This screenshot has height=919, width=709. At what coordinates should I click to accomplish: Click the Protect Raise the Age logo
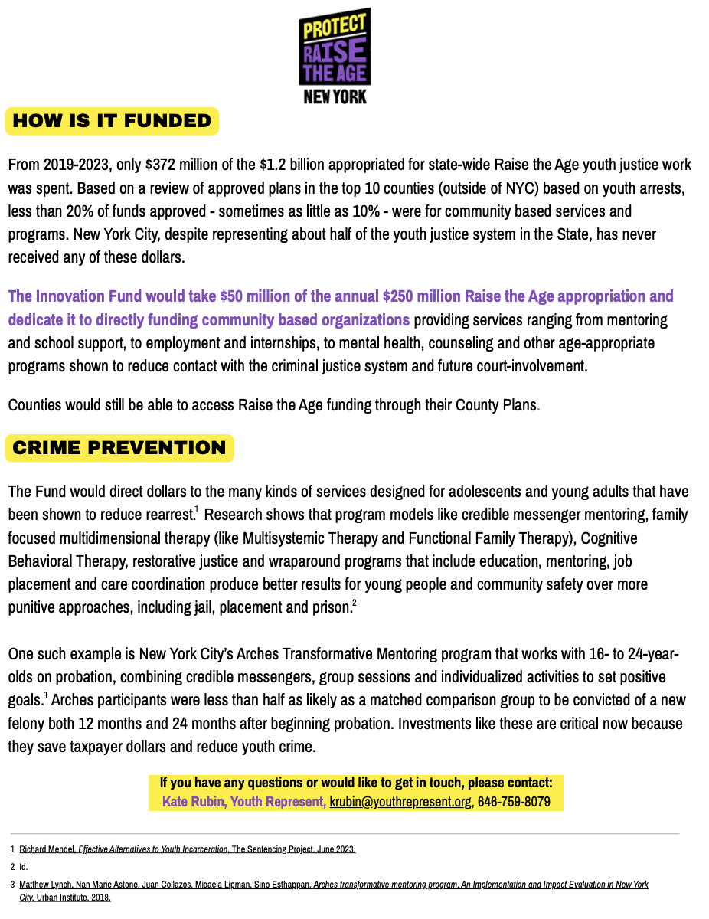click(335, 47)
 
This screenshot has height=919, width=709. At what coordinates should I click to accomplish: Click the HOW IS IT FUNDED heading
click(112, 121)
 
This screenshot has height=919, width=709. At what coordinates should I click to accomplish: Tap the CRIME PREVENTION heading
click(119, 448)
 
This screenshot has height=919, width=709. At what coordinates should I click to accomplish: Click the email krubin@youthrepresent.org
click(400, 803)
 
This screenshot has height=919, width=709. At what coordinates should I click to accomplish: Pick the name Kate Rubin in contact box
click(193, 803)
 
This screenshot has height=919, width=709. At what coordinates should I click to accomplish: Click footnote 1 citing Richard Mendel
click(187, 849)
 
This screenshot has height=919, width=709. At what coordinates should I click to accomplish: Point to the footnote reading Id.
click(23, 867)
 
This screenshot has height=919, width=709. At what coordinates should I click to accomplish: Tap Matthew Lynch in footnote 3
click(45, 885)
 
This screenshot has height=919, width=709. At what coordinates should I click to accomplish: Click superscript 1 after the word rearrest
click(197, 509)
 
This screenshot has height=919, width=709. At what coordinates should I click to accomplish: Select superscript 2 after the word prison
click(354, 603)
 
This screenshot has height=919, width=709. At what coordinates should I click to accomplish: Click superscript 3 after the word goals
click(45, 695)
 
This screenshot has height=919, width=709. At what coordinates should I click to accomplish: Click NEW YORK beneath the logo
click(335, 97)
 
